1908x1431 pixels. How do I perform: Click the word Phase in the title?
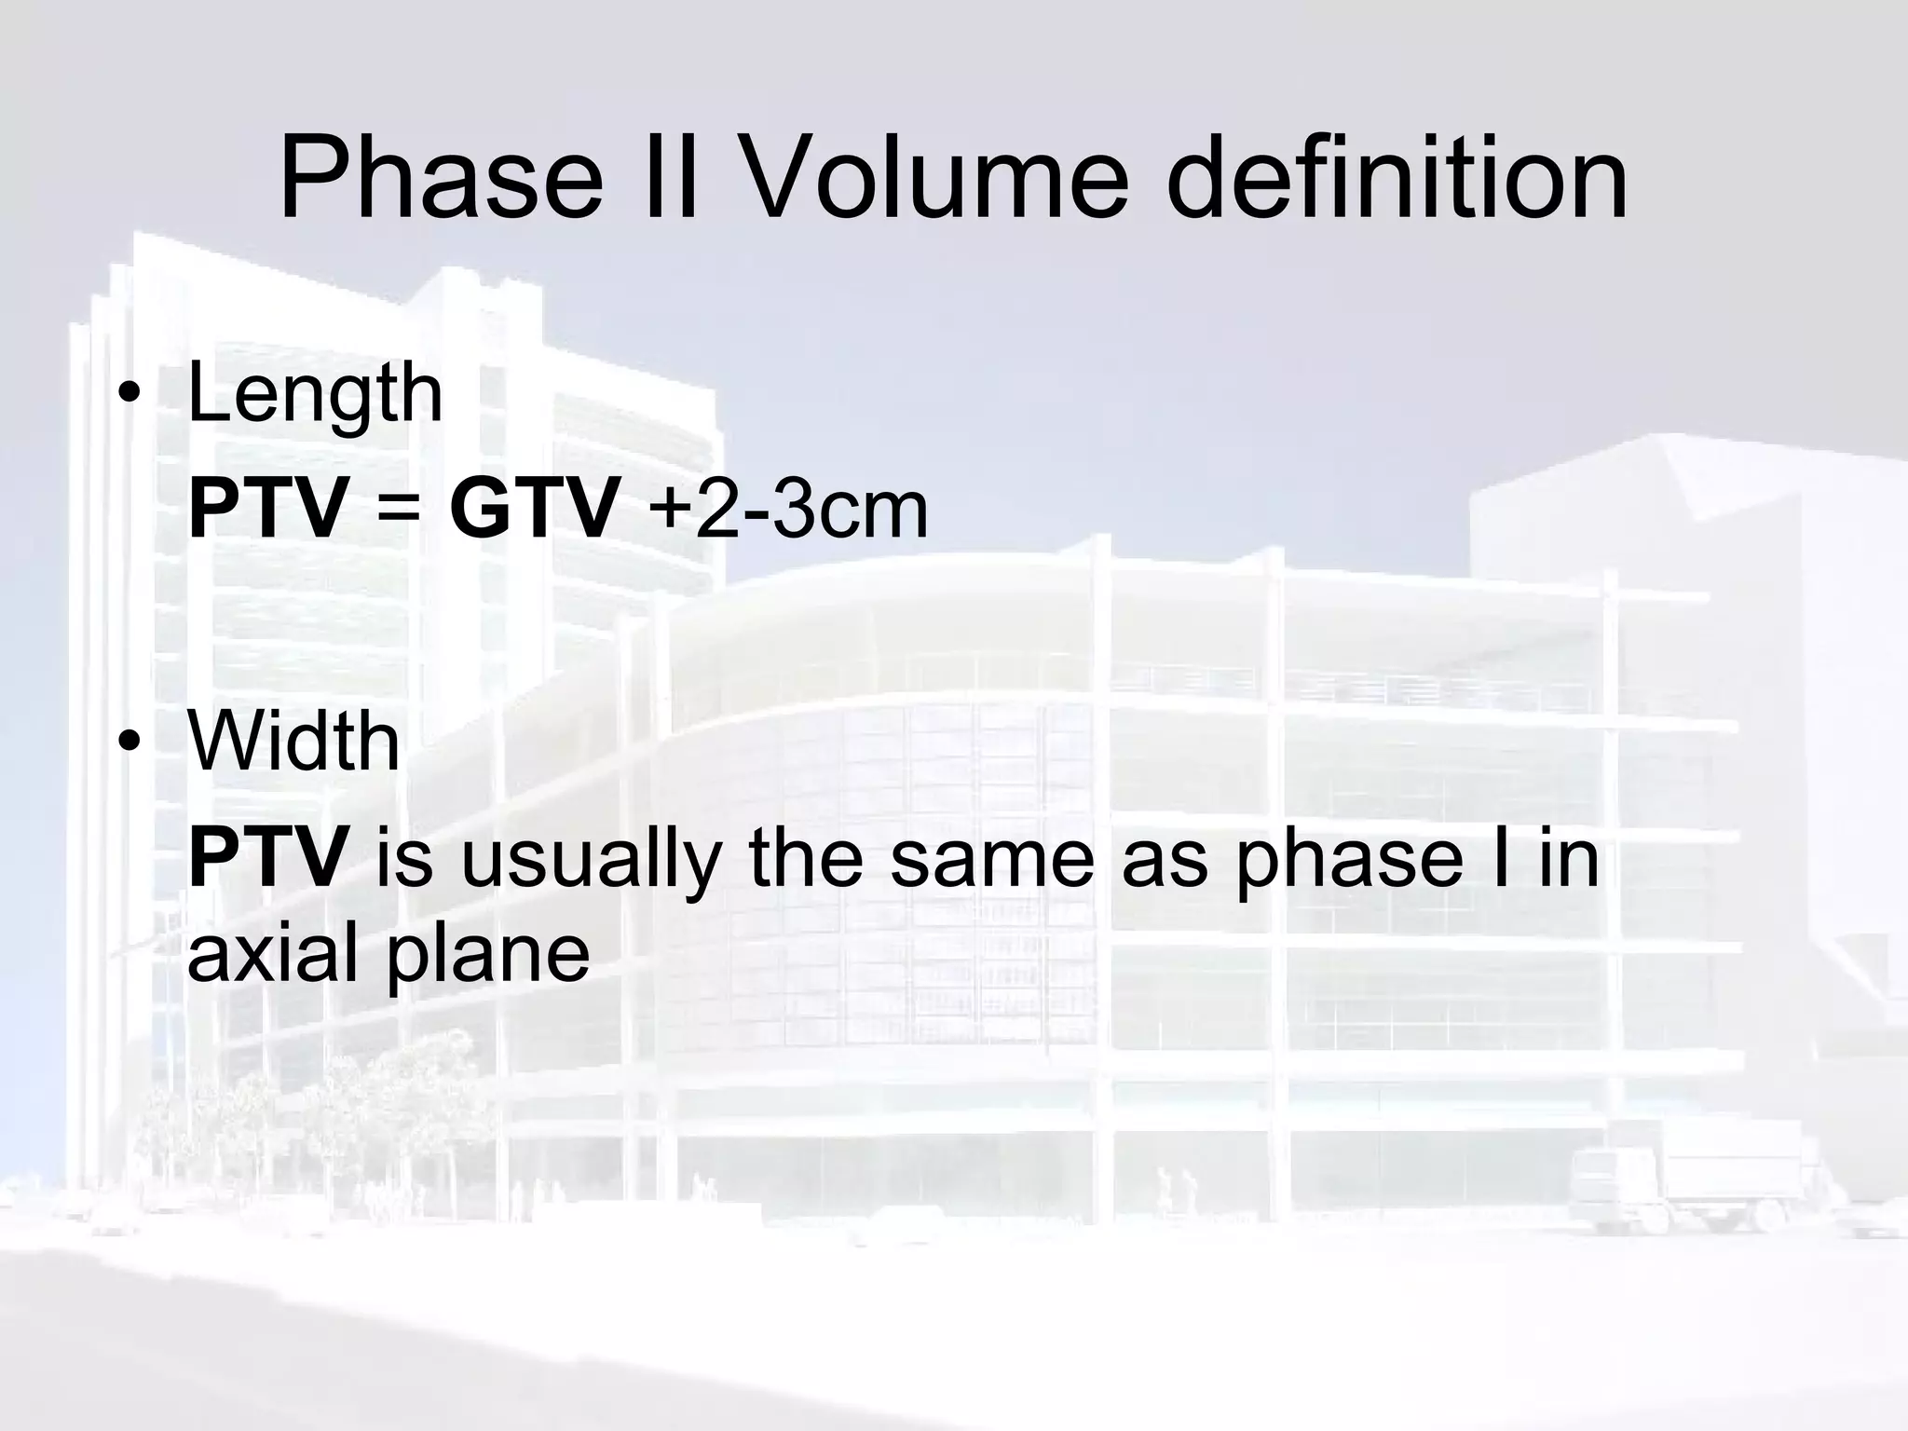(441, 179)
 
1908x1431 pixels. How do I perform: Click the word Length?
(315, 395)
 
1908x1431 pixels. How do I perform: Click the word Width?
(293, 743)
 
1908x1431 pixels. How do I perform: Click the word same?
(990, 859)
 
